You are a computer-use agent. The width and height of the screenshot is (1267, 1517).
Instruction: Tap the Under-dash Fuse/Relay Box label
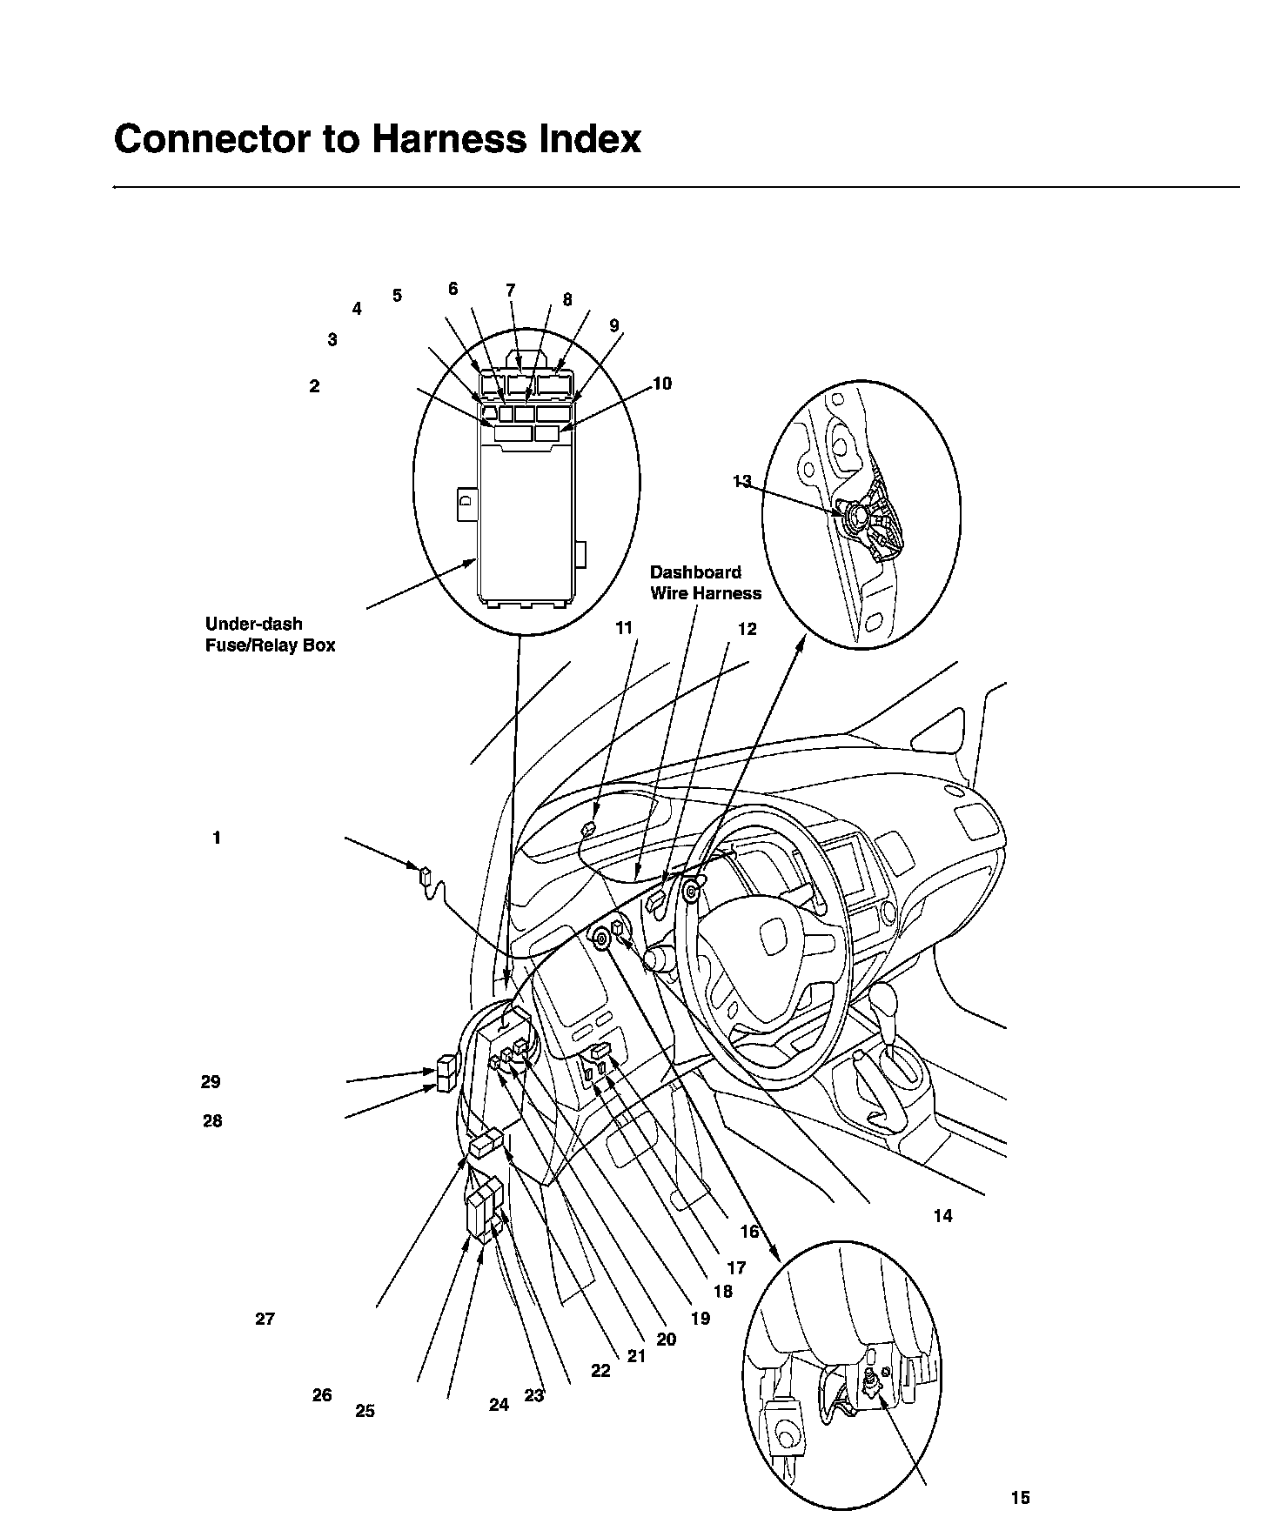tap(270, 635)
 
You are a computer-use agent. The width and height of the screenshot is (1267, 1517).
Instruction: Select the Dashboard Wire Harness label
tap(705, 583)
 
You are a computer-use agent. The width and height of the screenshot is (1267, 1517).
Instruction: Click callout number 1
tap(217, 839)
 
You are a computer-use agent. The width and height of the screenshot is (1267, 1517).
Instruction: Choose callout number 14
tap(942, 1216)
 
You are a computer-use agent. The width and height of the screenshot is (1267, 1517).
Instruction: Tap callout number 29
tap(211, 1082)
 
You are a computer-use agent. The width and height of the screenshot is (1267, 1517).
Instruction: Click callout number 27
tap(265, 1319)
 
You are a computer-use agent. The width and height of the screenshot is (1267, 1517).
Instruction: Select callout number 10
tap(662, 384)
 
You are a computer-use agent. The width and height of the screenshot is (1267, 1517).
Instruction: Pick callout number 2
tap(314, 385)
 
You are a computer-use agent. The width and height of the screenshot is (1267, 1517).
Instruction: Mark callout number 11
tap(624, 628)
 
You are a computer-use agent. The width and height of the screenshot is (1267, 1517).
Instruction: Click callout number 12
tap(747, 629)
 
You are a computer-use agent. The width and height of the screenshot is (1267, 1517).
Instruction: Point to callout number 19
tap(701, 1319)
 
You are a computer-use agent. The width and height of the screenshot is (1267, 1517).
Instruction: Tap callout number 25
tap(365, 1411)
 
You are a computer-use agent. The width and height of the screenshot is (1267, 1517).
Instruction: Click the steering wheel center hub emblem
tap(771, 939)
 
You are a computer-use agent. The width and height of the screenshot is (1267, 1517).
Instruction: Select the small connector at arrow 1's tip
tap(426, 875)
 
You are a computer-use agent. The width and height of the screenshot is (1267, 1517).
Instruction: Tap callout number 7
tap(511, 290)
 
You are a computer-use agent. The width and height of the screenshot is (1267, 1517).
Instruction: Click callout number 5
tap(397, 296)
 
